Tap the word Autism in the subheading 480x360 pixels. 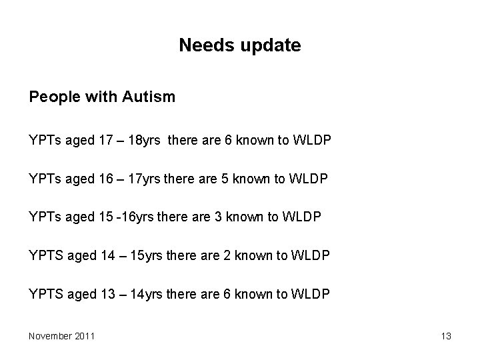click(x=149, y=97)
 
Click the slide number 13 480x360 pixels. click(x=446, y=336)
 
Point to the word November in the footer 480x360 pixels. click(x=50, y=336)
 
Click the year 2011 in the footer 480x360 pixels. click(x=84, y=336)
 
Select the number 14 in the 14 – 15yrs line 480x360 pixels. click(x=105, y=255)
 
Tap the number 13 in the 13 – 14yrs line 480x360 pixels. click(x=105, y=294)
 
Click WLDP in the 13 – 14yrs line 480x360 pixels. click(x=311, y=294)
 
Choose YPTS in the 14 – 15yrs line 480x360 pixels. click(x=45, y=255)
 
